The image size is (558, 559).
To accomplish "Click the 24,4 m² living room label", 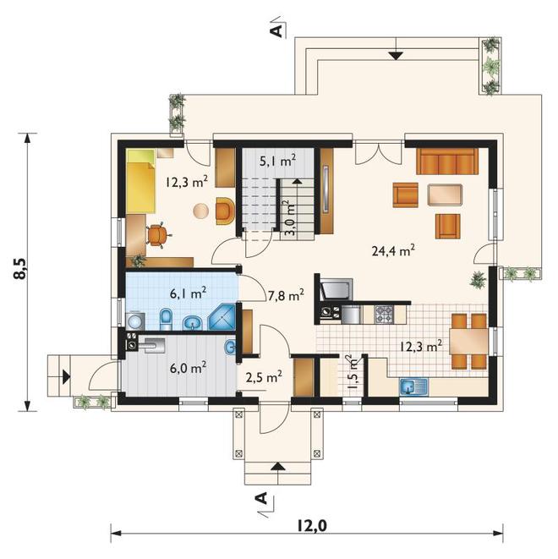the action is pos(393,251).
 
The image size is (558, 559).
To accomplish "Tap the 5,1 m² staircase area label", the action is pos(278,162).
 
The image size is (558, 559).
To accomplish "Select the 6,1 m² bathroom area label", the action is pos(189,294).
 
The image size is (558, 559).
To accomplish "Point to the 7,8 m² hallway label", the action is pos(286,295).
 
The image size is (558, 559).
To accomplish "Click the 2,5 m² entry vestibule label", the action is pos(264,377).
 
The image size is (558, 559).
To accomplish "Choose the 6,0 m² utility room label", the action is pos(189,368).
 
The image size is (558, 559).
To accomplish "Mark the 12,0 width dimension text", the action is pos(311,525).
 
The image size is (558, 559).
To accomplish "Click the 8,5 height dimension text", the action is pos(20,269).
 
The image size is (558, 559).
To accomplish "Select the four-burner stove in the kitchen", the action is pos(383,314).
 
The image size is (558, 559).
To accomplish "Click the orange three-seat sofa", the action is pos(447,162).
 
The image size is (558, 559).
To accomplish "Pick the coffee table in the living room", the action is pos(446,195).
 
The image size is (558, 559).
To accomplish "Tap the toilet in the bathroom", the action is pos(166,319).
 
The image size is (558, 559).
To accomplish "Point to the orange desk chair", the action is pos(158,234).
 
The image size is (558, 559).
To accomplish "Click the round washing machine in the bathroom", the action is pos(135,321).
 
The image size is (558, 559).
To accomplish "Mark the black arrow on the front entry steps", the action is pos(278,466).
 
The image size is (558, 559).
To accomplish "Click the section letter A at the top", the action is pos(276,31).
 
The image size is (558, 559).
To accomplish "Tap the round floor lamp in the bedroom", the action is pos(200,211).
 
